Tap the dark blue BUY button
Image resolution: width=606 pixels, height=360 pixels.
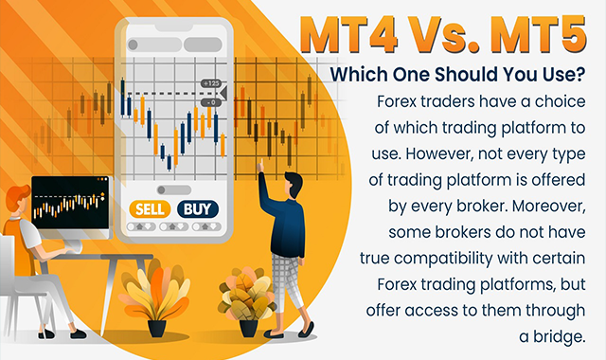[198, 208]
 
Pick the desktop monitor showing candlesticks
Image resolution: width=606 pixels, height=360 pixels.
[69, 204]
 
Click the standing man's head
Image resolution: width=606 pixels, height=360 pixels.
[291, 181]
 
